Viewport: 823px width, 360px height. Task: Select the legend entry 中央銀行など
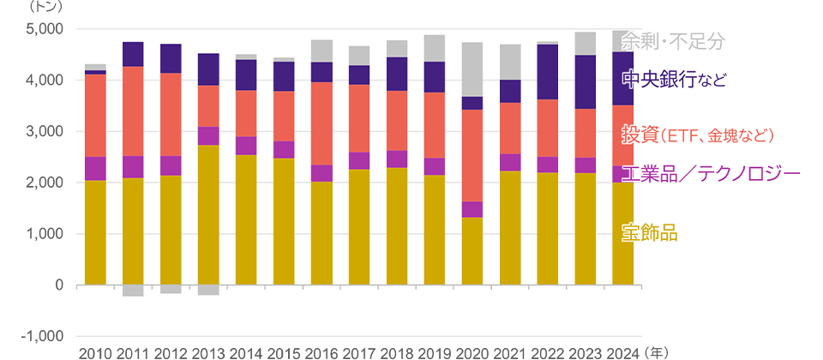click(x=674, y=81)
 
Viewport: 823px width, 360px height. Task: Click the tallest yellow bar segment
click(x=208, y=214)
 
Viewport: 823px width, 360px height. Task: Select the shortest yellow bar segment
click(x=472, y=250)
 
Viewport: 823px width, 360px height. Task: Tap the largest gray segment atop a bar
click(x=472, y=69)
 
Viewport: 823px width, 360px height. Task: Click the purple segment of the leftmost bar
click(x=95, y=169)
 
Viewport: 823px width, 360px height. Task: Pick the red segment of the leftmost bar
click(x=95, y=116)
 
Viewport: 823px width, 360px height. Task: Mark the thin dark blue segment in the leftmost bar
click(x=95, y=72)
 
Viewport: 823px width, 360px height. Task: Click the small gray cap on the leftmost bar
click(x=95, y=67)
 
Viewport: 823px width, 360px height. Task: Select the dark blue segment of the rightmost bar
click(x=622, y=79)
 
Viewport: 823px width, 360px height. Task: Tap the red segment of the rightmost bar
click(x=622, y=135)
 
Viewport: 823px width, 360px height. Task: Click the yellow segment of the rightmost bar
click(x=622, y=232)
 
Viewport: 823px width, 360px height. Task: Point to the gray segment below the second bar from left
click(x=133, y=291)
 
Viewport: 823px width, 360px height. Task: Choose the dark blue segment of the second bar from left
click(x=133, y=54)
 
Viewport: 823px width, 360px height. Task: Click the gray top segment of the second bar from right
click(x=586, y=44)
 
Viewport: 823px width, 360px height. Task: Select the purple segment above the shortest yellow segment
click(x=472, y=209)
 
